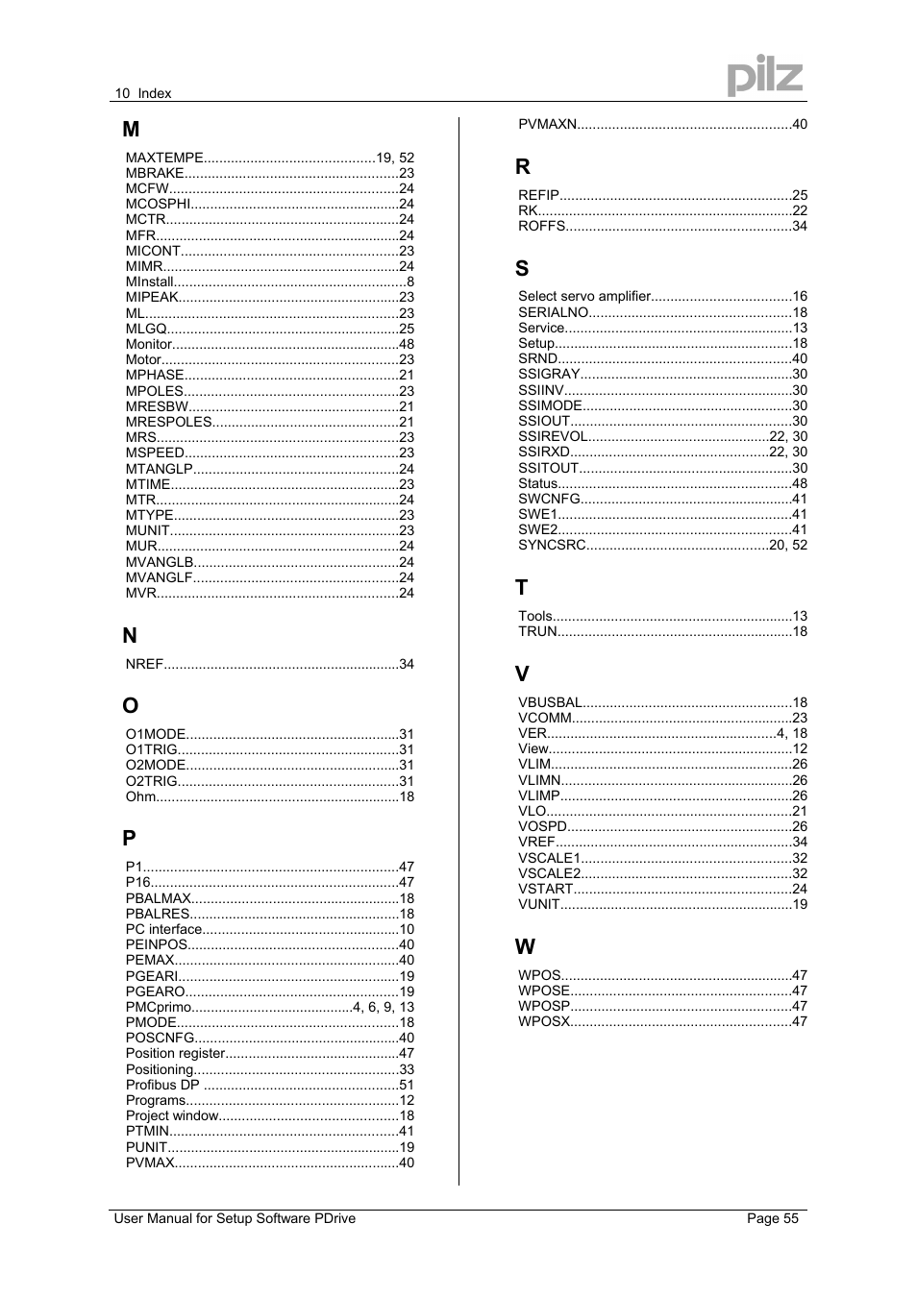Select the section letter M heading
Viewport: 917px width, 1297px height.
click(x=131, y=130)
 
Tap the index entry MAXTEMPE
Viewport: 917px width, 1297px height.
click(x=164, y=158)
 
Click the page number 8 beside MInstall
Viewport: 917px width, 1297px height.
click(x=410, y=282)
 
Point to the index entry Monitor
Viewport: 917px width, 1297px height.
click(x=149, y=344)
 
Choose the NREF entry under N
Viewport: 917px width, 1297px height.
click(x=144, y=664)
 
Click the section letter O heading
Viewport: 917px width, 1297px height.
click(x=130, y=706)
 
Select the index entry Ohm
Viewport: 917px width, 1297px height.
click(x=140, y=796)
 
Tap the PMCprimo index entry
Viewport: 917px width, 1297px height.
click(x=159, y=1007)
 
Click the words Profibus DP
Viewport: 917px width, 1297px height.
click(x=162, y=1085)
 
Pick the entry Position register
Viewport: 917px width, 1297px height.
click(x=175, y=1053)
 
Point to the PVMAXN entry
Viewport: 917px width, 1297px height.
click(x=547, y=124)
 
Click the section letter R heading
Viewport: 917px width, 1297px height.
click(x=523, y=167)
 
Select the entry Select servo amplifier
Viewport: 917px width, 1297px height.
click(x=584, y=297)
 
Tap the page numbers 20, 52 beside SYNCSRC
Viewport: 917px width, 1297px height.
click(x=788, y=545)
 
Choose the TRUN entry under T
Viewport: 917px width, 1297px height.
click(x=537, y=631)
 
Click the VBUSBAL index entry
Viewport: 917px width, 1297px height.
click(x=550, y=702)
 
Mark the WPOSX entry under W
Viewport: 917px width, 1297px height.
click(x=544, y=1021)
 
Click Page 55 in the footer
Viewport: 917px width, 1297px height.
click(x=773, y=1218)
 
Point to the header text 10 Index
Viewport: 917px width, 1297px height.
click(x=142, y=93)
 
